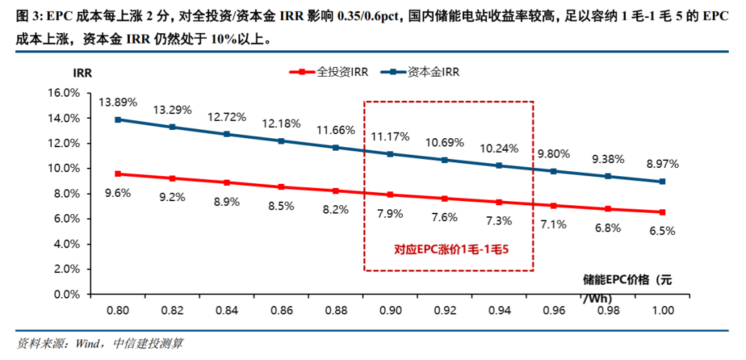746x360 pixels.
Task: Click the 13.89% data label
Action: click(118, 102)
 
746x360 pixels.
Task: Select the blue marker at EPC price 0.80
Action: click(118, 120)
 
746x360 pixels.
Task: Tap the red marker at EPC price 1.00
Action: click(662, 212)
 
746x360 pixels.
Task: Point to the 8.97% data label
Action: click(662, 164)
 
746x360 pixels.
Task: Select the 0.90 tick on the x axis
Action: click(390, 311)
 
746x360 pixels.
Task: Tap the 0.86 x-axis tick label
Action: click(281, 311)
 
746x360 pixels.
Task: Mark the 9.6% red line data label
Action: click(118, 193)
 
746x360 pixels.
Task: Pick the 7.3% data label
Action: click(499, 221)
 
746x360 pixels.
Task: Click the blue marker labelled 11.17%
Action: click(390, 154)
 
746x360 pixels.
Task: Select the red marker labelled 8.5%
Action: click(281, 187)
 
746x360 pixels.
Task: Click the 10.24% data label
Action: click(499, 148)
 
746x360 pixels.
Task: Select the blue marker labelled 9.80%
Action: click(553, 171)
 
